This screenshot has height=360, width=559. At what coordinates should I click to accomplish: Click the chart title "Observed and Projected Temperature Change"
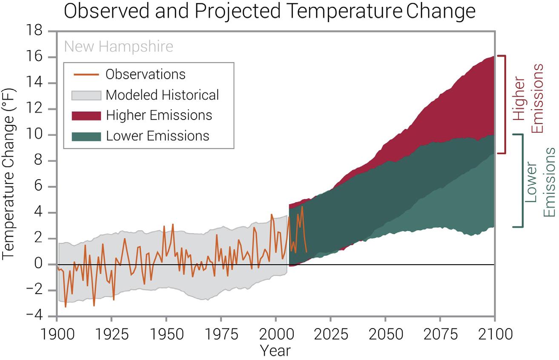coord(269,11)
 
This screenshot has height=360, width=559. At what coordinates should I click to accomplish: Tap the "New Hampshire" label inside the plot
coord(119,46)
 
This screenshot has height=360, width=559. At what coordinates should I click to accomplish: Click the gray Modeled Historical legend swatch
coord(87,94)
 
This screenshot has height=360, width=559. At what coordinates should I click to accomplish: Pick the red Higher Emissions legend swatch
coord(87,115)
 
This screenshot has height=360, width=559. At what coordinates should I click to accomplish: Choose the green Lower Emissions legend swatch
coord(87,136)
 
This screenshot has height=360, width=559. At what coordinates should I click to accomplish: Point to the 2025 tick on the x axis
coord(330,334)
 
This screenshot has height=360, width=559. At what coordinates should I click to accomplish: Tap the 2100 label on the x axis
coord(494,334)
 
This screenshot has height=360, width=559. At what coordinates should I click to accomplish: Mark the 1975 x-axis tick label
coord(221,334)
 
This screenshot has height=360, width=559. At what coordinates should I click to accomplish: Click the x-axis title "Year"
coord(275,350)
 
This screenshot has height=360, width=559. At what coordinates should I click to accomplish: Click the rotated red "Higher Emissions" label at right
coord(528,98)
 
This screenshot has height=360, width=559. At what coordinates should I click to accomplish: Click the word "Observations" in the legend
coord(146,74)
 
